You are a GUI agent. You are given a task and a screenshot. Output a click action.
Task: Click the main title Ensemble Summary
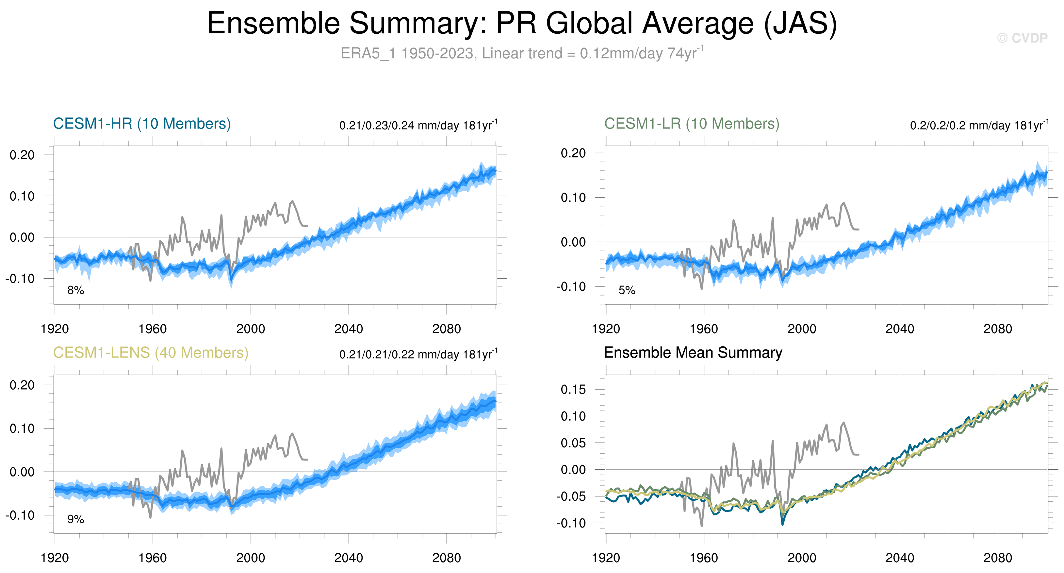[522, 23]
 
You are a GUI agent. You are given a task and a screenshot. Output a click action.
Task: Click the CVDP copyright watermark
[1022, 38]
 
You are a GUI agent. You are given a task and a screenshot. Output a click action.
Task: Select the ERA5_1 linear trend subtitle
[522, 53]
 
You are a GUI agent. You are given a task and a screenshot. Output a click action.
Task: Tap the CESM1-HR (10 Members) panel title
[142, 124]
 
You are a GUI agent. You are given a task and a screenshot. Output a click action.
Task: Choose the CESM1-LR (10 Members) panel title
[692, 124]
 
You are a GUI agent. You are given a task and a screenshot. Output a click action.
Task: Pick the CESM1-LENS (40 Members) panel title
[151, 353]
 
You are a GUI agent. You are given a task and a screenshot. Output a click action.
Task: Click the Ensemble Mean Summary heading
[693, 353]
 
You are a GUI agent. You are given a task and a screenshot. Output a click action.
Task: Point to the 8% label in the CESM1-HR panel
[75, 290]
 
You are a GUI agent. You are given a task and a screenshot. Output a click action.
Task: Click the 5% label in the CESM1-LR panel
[627, 290]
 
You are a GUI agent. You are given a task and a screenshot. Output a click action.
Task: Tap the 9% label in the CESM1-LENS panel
[75, 519]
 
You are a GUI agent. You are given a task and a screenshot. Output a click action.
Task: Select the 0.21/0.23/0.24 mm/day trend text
[418, 125]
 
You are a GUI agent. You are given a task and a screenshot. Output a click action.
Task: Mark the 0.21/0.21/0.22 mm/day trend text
[418, 354]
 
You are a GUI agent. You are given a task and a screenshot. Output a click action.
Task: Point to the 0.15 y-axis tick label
[573, 390]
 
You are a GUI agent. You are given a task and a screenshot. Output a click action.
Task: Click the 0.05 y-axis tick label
[573, 443]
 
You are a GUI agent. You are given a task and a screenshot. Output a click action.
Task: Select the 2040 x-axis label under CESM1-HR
[348, 329]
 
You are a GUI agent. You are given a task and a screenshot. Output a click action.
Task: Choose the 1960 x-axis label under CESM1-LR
[703, 329]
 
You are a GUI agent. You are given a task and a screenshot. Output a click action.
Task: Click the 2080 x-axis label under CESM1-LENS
[446, 558]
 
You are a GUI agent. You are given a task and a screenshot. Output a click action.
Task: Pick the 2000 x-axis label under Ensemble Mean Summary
[801, 558]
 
